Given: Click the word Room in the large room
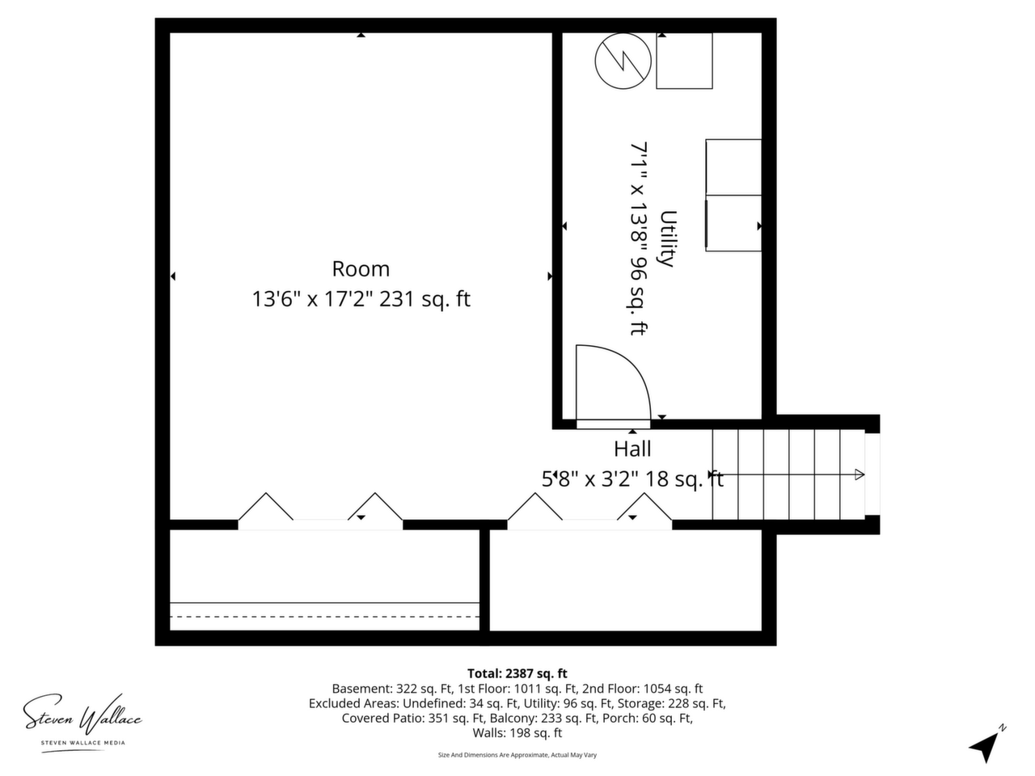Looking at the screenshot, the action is pyautogui.click(x=361, y=269).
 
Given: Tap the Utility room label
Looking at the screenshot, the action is pyautogui.click(x=668, y=239).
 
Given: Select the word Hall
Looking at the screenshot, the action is pyautogui.click(x=632, y=449).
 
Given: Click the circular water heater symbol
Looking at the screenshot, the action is pyautogui.click(x=623, y=61).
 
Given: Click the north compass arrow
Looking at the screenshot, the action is pyautogui.click(x=986, y=747).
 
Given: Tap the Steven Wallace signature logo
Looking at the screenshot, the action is pyautogui.click(x=82, y=717).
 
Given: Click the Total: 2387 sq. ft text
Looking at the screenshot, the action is pyautogui.click(x=517, y=674).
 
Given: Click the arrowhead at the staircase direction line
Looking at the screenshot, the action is pyautogui.click(x=860, y=474).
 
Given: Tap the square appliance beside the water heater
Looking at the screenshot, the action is pyautogui.click(x=684, y=61).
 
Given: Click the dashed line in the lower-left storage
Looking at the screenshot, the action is pyautogui.click(x=324, y=616).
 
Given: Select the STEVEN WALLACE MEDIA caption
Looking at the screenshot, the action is pyautogui.click(x=83, y=743).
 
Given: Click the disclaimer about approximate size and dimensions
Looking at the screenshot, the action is pyautogui.click(x=517, y=755).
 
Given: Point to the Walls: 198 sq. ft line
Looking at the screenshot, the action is pyautogui.click(x=517, y=732).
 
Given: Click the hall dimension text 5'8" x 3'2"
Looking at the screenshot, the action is pyautogui.click(x=590, y=479).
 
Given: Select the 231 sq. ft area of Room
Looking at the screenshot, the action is pyautogui.click(x=425, y=299).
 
